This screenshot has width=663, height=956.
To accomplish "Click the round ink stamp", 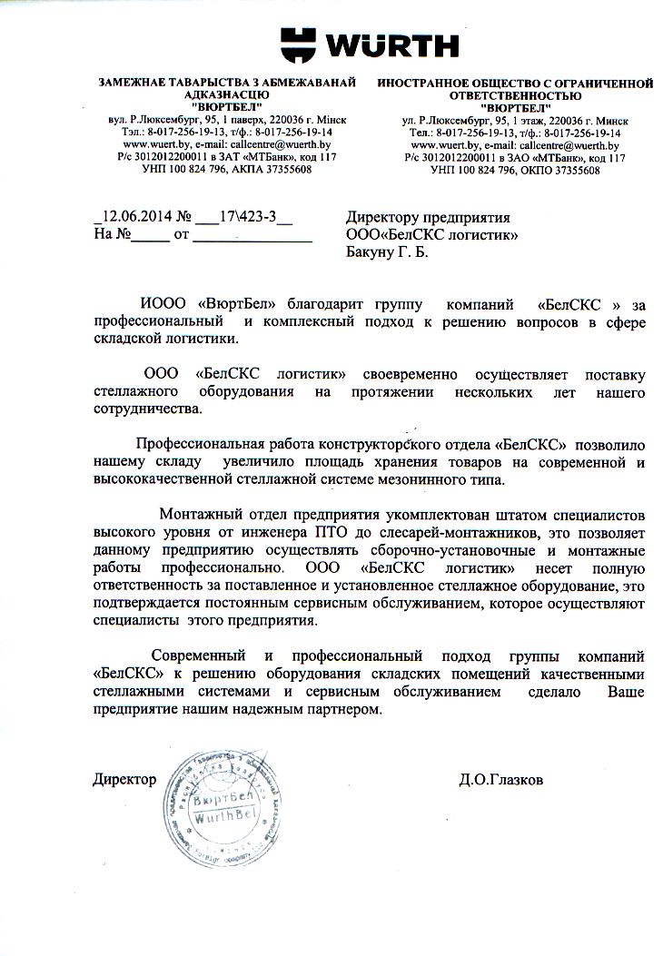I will point(227,787).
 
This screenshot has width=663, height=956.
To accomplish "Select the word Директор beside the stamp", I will point(124,779).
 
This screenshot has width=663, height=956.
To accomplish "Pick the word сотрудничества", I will point(147,409).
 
